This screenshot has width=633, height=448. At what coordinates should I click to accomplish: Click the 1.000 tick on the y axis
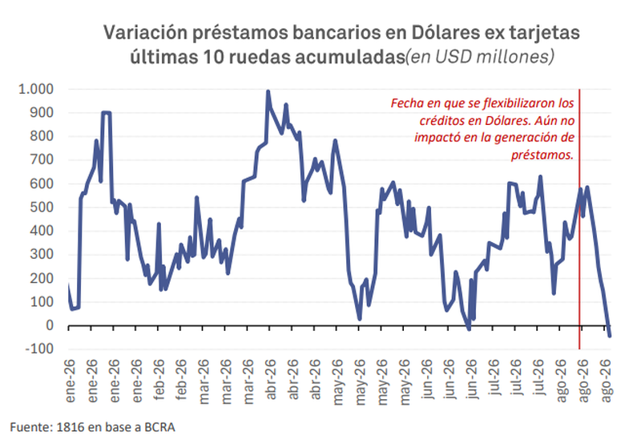coord(36,89)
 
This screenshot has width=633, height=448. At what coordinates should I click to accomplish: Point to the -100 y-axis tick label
coord(39,349)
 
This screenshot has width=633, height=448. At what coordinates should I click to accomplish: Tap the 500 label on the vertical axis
coord(42,207)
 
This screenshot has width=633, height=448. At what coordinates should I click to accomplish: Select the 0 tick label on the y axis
coord(50,325)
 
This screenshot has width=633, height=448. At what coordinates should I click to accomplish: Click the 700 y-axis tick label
coord(42,159)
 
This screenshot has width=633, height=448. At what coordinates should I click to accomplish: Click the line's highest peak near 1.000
coord(268,92)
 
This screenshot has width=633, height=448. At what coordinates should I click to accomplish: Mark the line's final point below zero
coord(609,335)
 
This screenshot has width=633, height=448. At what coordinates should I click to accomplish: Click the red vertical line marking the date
coord(579,219)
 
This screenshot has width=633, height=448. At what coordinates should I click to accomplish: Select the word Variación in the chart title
coord(145,33)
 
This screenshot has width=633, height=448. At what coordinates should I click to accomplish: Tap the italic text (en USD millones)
coord(480,57)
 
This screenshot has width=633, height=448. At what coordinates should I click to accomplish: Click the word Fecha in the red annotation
coord(407,103)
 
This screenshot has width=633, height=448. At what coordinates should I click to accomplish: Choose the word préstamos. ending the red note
coord(542,155)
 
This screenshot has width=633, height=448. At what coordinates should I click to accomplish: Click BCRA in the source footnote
coord(159,427)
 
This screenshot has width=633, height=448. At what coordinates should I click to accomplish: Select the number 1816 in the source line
coord(70,427)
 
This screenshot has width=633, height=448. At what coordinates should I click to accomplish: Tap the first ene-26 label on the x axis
coord(70,381)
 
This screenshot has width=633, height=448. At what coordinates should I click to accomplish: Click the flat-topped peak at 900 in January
coord(107,113)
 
